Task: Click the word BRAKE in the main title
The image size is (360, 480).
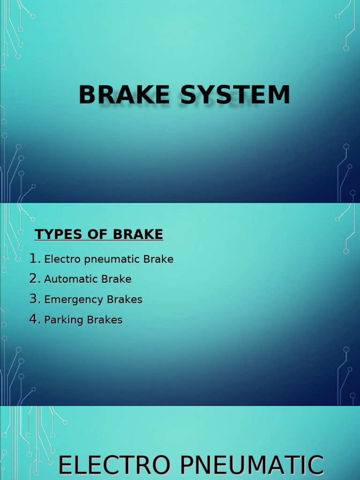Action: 124,95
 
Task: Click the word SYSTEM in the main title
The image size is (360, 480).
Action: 235,95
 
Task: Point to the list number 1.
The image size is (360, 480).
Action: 34,258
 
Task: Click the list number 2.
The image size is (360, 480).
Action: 34,278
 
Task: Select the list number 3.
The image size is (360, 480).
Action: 34,299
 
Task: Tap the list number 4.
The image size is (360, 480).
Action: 34,319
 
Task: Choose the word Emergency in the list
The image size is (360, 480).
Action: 74,300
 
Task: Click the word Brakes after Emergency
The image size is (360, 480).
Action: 125,300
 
